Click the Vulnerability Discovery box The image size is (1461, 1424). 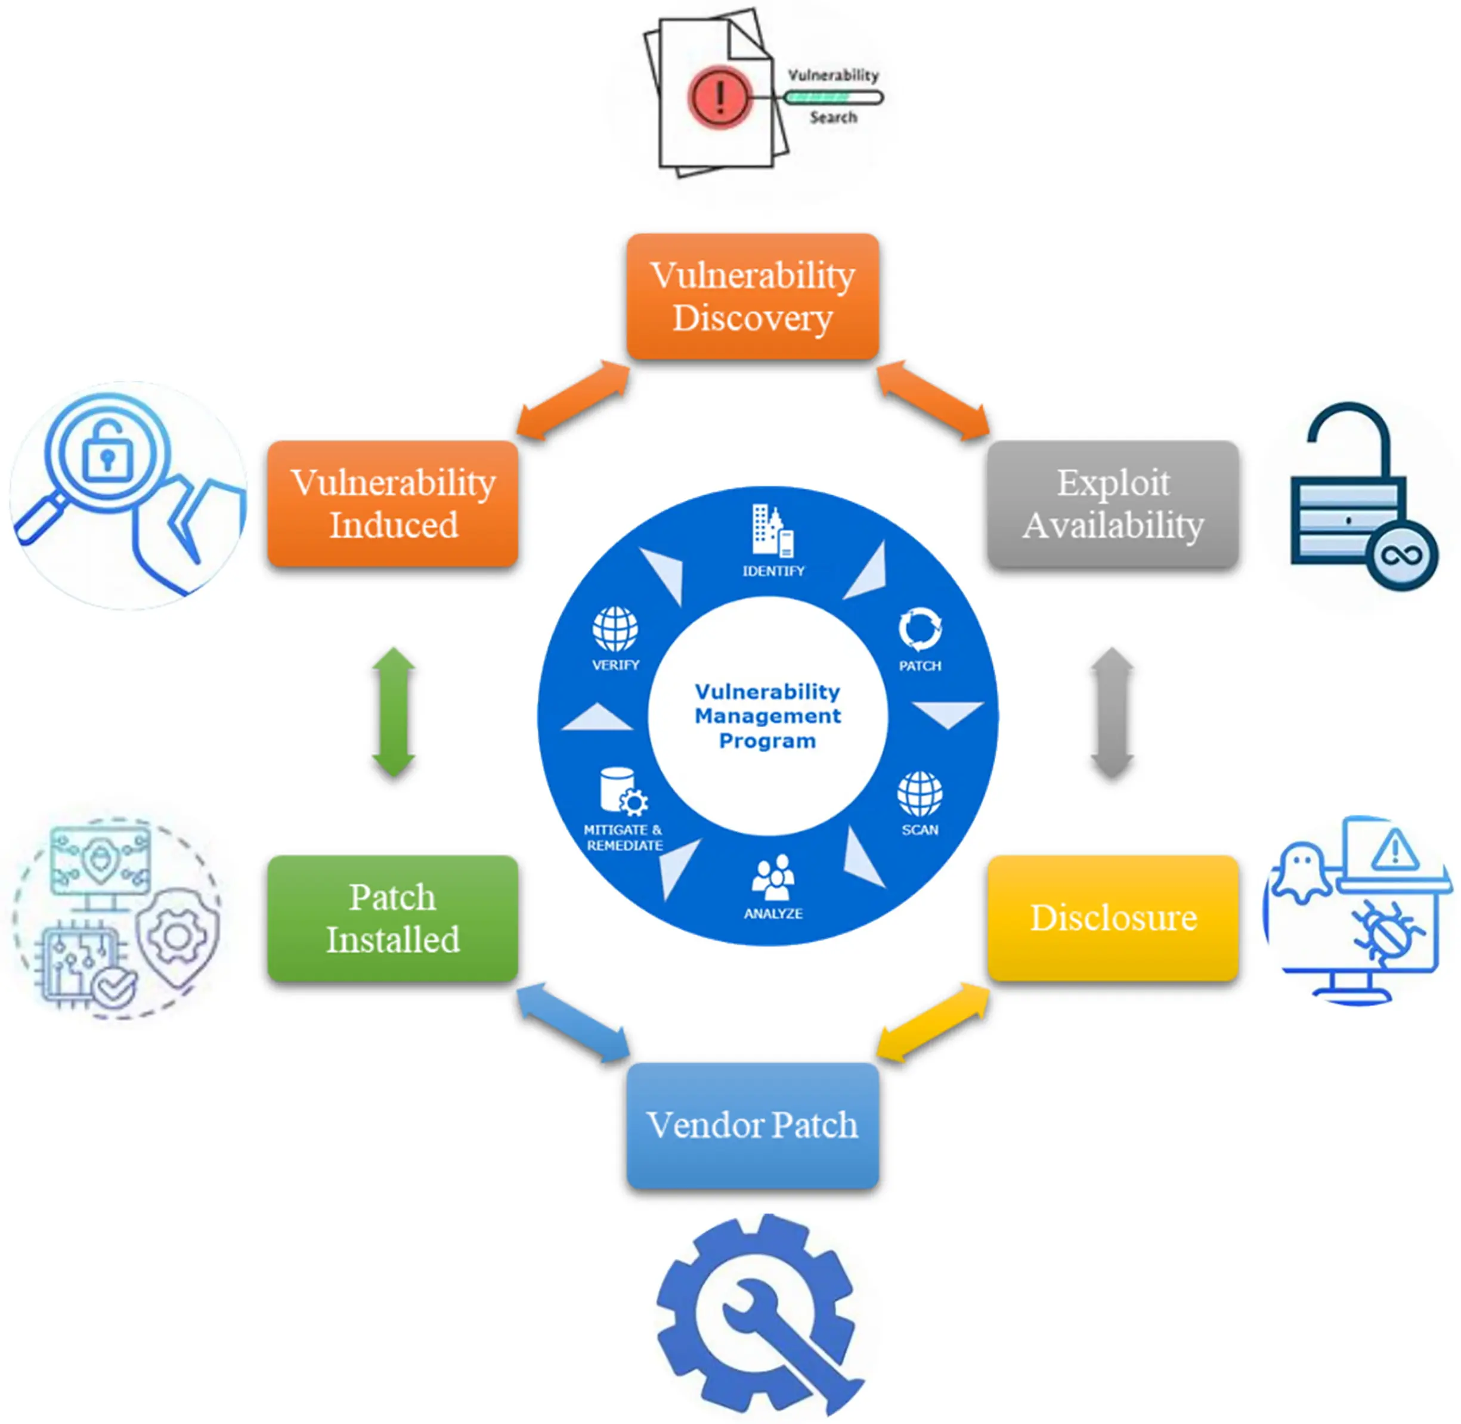(x=752, y=296)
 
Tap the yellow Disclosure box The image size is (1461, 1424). (x=1112, y=918)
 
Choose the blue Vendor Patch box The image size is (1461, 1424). (x=752, y=1125)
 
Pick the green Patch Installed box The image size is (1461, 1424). (x=393, y=918)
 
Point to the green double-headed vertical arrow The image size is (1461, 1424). (x=394, y=711)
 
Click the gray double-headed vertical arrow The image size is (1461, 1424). (x=1112, y=711)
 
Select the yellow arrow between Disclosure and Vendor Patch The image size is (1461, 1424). (x=933, y=1021)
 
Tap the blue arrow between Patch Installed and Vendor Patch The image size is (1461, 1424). (x=573, y=1022)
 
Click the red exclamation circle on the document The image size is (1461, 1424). (x=719, y=97)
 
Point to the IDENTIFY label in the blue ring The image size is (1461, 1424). (x=773, y=570)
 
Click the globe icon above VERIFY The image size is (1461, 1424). (x=615, y=629)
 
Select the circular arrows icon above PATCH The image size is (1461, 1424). (x=920, y=629)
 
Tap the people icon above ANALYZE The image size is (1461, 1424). (x=773, y=877)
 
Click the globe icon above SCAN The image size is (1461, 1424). (x=920, y=793)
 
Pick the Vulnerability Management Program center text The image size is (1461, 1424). (x=767, y=716)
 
